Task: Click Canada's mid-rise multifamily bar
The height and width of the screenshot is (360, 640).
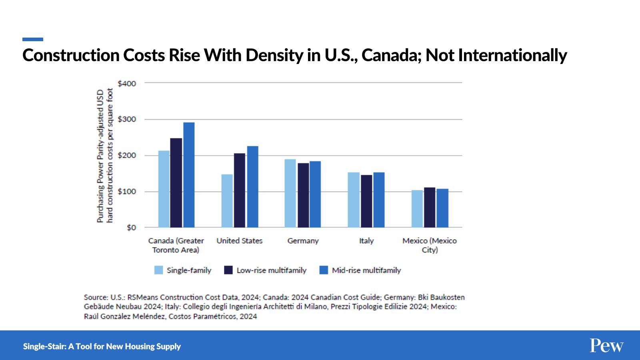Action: [x=189, y=175]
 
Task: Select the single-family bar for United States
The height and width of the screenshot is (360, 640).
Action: [x=227, y=201]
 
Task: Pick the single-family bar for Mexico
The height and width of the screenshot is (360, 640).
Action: [x=417, y=209]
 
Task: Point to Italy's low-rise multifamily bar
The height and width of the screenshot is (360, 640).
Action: [x=366, y=201]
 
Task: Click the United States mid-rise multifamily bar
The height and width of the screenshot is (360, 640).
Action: [x=252, y=187]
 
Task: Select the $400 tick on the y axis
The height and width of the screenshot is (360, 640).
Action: [x=127, y=84]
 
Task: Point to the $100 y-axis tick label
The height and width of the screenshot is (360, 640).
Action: [x=127, y=192]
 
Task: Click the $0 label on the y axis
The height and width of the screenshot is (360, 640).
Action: [x=131, y=228]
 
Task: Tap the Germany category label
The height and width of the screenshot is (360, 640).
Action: [x=303, y=241]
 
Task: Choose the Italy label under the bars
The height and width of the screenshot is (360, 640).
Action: [x=366, y=241]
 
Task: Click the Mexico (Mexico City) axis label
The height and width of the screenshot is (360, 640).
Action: [x=430, y=245]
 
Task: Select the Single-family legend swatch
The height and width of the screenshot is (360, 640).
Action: [x=159, y=270]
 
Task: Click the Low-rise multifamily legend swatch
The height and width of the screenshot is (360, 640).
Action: [x=228, y=270]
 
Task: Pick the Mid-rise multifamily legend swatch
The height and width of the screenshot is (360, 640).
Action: [x=324, y=270]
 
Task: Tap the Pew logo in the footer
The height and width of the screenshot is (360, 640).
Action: [x=606, y=346]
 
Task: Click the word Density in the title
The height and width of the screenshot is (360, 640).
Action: [x=274, y=55]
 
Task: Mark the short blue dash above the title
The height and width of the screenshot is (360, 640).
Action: [x=33, y=39]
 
